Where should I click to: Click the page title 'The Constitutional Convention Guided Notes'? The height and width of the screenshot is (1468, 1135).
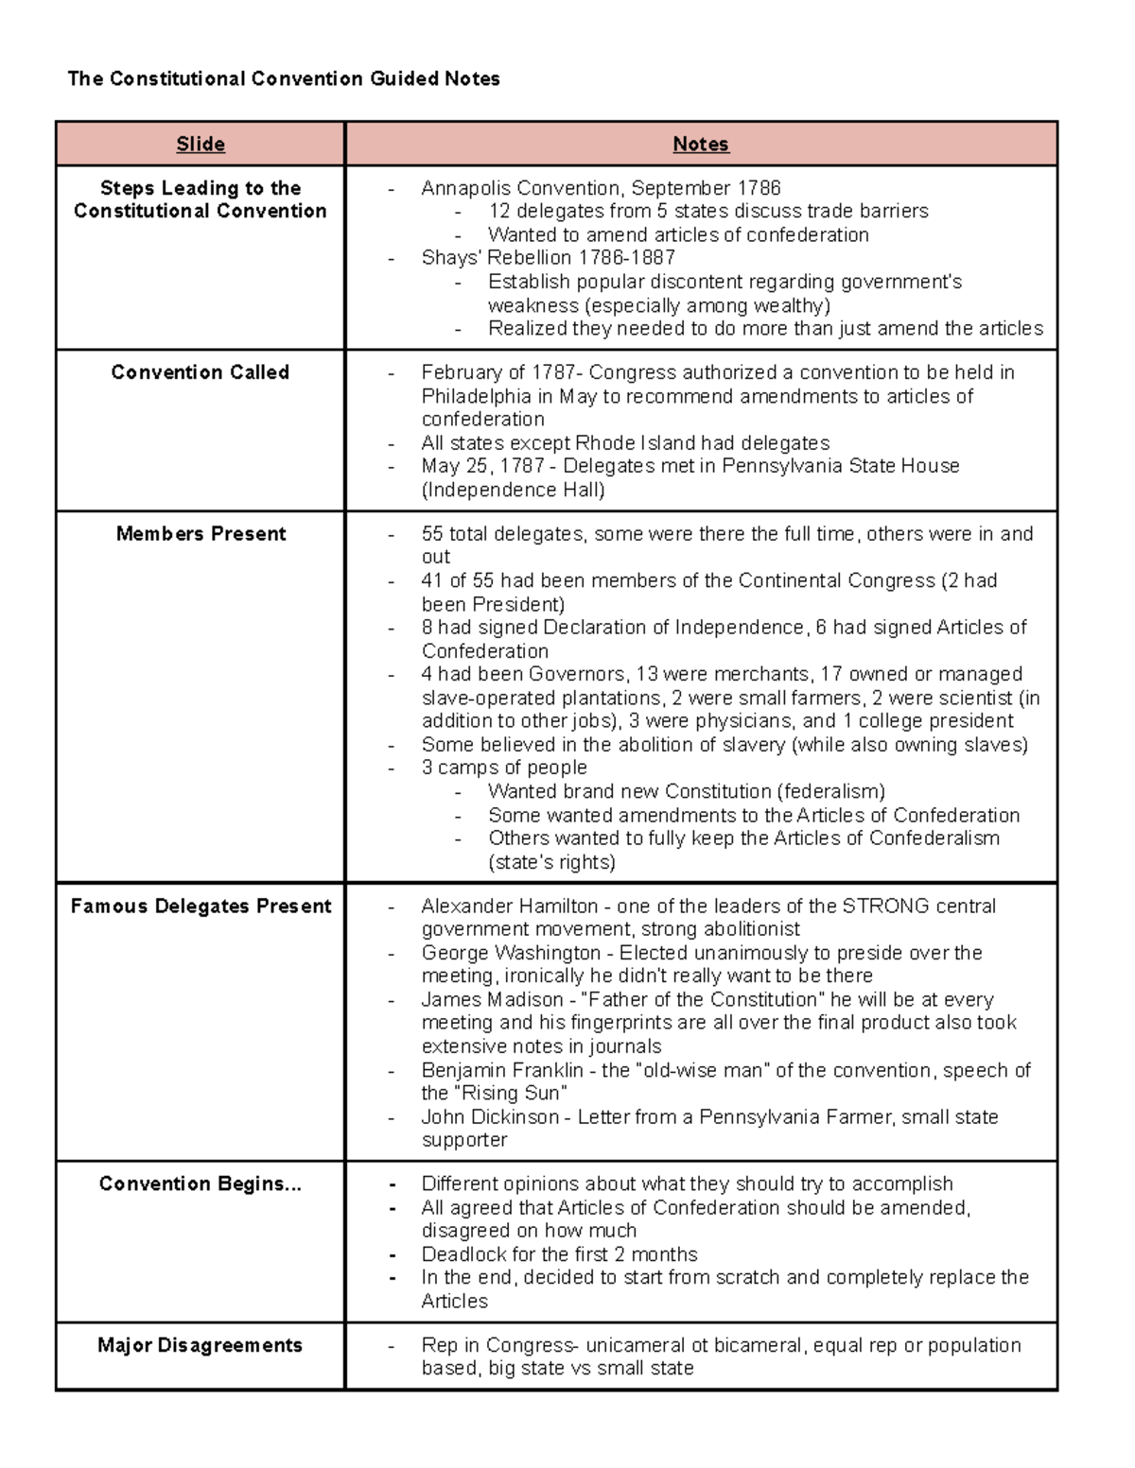tap(284, 78)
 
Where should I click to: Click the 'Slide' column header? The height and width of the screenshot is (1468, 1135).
tap(201, 144)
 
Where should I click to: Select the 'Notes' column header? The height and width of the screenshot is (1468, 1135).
tap(700, 144)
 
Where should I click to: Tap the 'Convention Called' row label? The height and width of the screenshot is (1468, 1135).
tap(201, 372)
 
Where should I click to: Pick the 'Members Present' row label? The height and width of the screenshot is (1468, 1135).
tap(201, 534)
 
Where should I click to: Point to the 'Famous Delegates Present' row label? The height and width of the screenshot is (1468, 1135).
tap(201, 907)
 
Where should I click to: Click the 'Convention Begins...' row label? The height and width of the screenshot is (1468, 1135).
tap(201, 1184)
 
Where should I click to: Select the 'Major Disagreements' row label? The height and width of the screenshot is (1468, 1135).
tap(201, 1345)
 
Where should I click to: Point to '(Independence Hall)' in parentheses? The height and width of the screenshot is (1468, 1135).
tap(514, 490)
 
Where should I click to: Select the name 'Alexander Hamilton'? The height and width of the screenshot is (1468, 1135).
tap(510, 907)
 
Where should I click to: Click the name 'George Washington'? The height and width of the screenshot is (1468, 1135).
tap(511, 953)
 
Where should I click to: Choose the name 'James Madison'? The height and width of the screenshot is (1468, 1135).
tap(492, 1000)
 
